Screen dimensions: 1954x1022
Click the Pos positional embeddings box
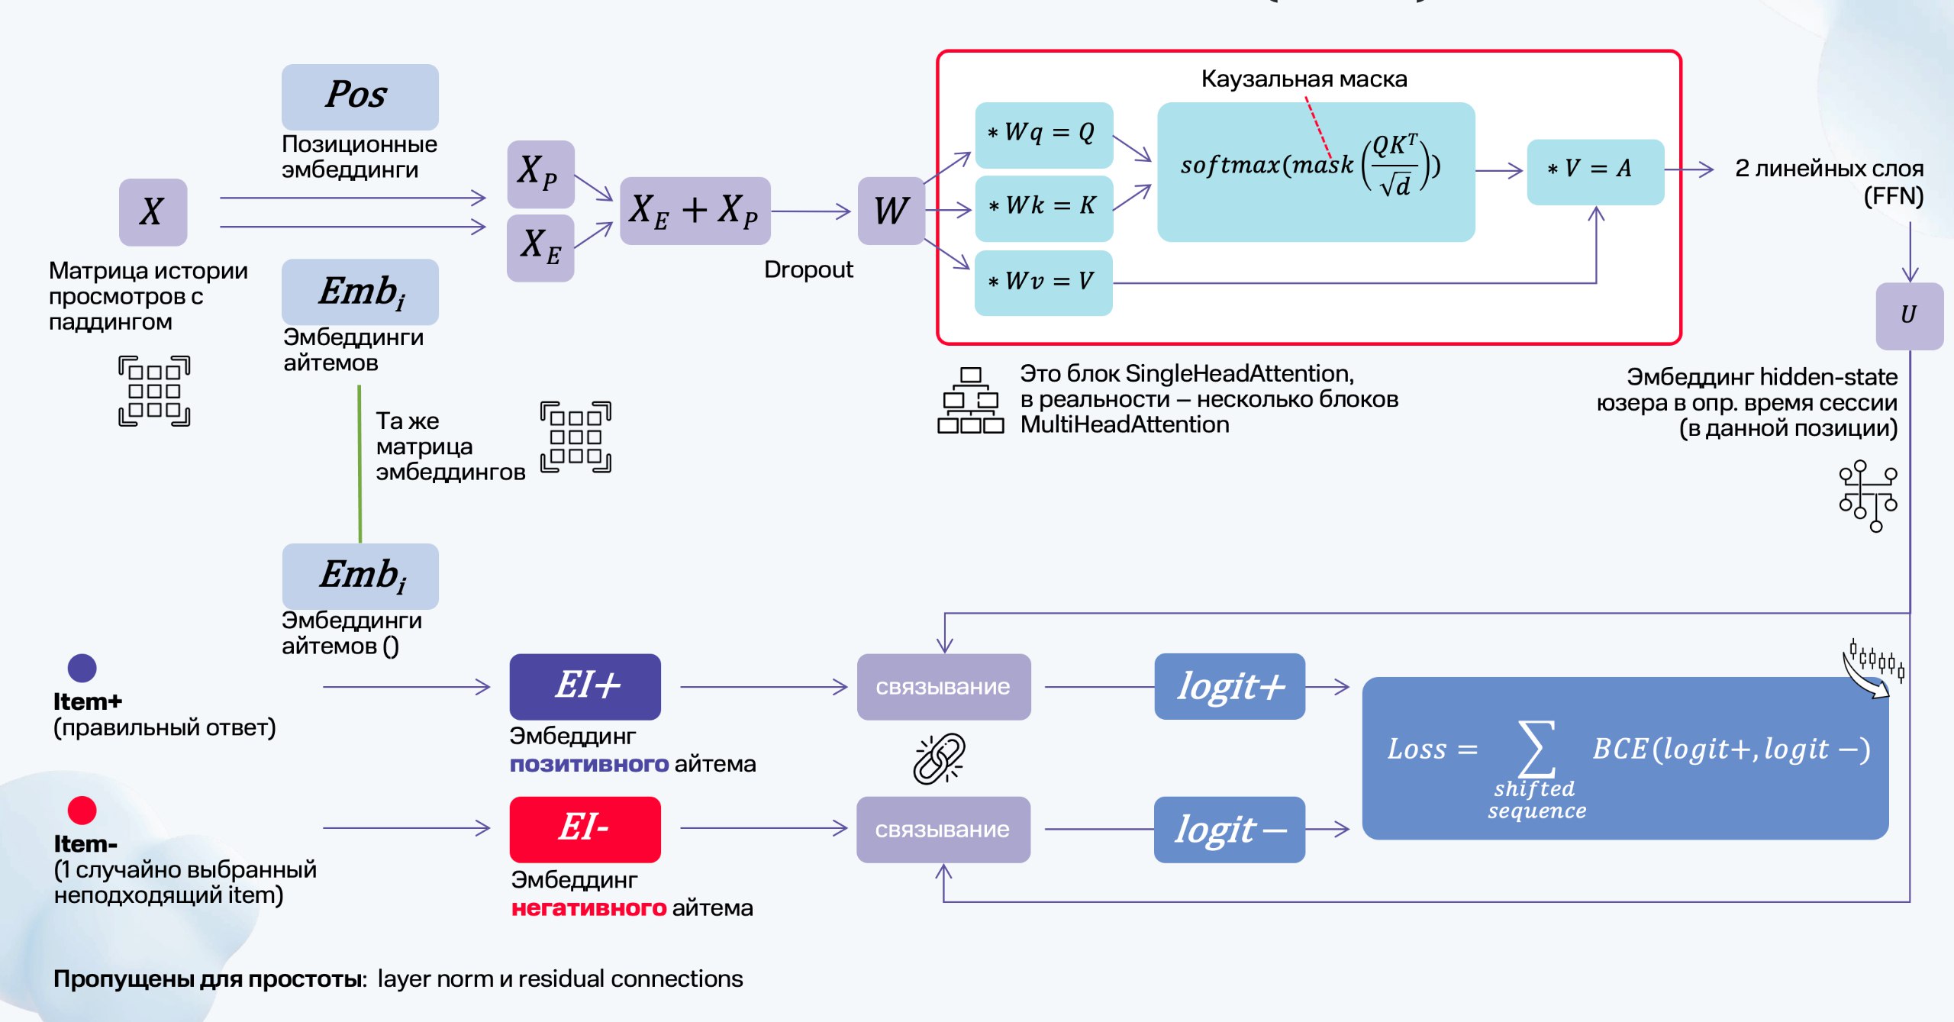coord(360,96)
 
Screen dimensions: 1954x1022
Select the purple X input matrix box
coord(153,212)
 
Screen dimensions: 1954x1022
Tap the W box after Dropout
coord(892,211)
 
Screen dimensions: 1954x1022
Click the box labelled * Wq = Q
coord(1044,135)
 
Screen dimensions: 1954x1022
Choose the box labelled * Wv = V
coord(1044,282)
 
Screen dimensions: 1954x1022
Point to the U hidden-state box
coord(1910,316)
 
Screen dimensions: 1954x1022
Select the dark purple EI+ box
coord(585,686)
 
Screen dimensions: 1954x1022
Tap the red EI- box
coord(585,830)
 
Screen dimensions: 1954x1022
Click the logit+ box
coord(1230,686)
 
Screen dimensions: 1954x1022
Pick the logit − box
coord(1230,830)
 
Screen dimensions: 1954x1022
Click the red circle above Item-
coord(82,810)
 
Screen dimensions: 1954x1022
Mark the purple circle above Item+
coord(82,668)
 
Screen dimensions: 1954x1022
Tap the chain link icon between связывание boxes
coord(940,759)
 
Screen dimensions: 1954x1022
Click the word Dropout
coord(808,269)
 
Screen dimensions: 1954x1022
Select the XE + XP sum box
coord(695,211)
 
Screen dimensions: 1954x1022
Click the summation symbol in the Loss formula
coord(1536,749)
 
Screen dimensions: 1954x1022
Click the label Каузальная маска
coord(1304,79)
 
